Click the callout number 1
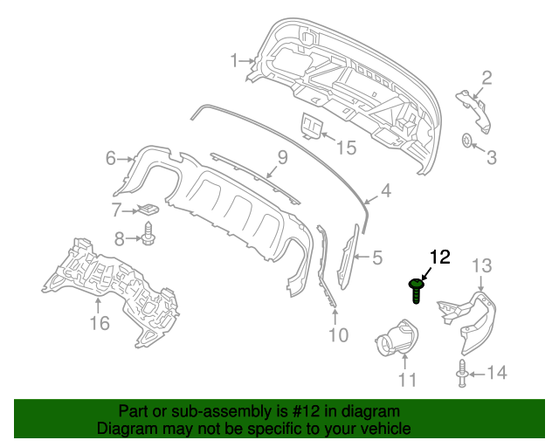pyautogui.click(x=234, y=60)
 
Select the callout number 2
pyautogui.click(x=487, y=78)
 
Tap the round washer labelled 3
pyautogui.click(x=467, y=140)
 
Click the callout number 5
pyautogui.click(x=377, y=258)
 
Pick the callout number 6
pyautogui.click(x=111, y=158)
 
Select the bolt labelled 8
pyautogui.click(x=148, y=234)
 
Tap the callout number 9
pyautogui.click(x=282, y=158)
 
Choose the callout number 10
pyautogui.click(x=338, y=334)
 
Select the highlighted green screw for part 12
pyautogui.click(x=418, y=288)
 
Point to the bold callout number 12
pyautogui.click(x=439, y=257)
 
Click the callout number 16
pyautogui.click(x=99, y=324)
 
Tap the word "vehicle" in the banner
pyautogui.click(x=386, y=429)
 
